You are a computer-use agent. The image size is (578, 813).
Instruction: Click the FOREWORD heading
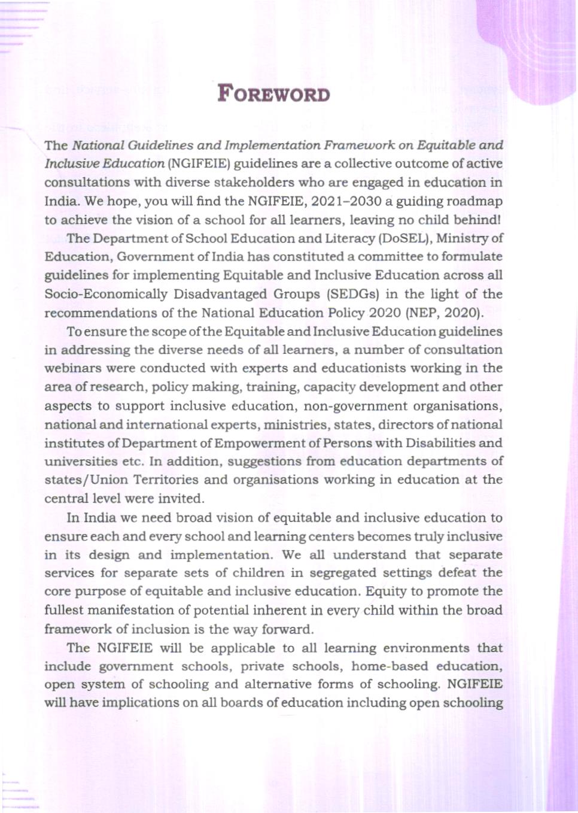coord(273,94)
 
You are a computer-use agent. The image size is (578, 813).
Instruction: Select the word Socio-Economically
coord(106,294)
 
